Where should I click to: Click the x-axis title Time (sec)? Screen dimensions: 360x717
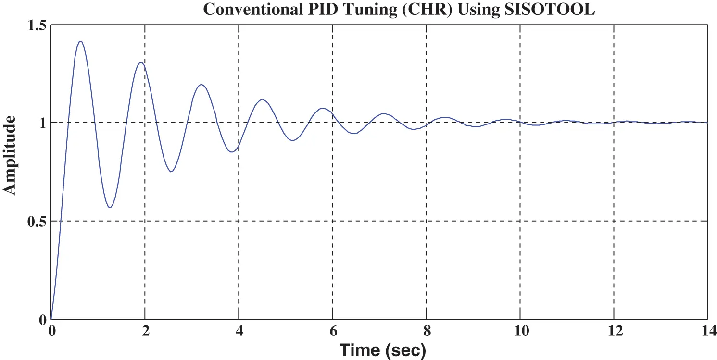coord(383,350)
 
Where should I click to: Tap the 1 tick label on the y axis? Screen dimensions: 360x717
coord(42,123)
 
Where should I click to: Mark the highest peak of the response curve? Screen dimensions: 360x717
coord(80,41)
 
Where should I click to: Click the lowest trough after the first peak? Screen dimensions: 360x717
coord(110,208)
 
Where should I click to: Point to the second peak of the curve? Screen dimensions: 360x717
coord(140,62)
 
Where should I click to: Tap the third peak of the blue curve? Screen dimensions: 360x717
coord(201,85)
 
